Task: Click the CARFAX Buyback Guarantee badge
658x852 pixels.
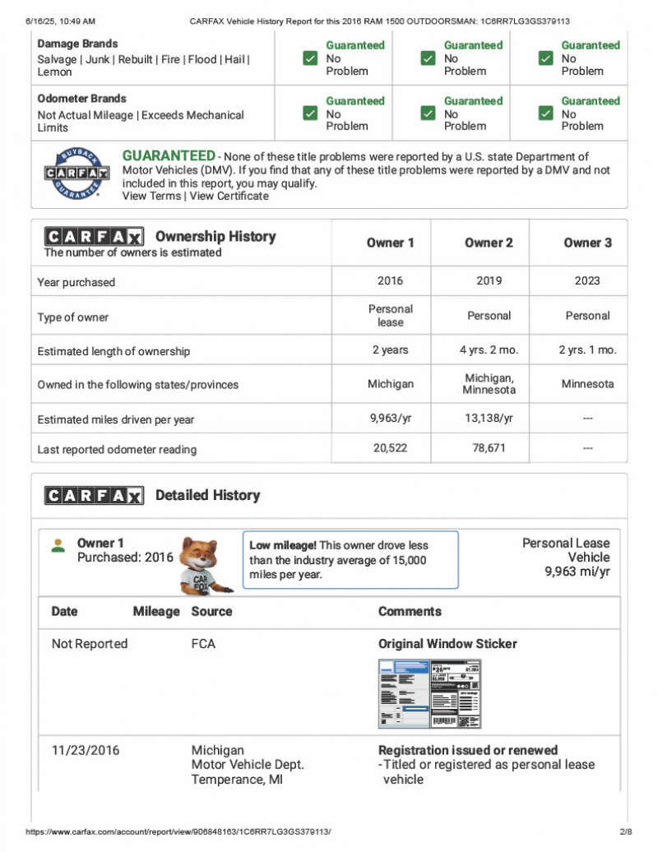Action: coord(76,174)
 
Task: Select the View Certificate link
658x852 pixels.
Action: coord(229,197)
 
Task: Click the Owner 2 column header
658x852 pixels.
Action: coord(489,243)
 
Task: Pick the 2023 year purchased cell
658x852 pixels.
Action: coord(587,280)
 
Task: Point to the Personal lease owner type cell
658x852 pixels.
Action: coord(390,316)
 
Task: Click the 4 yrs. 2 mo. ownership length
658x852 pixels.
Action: coord(489,350)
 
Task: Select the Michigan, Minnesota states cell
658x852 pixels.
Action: coord(489,383)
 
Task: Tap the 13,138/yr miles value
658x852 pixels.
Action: coord(489,419)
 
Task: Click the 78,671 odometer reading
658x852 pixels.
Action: coord(489,449)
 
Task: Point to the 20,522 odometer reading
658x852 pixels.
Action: coord(390,449)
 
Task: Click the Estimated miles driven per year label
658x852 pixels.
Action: coord(116,419)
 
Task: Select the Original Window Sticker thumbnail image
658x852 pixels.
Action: coord(429,693)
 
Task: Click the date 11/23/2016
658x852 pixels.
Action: coord(86,750)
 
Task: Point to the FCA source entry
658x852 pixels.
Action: coord(203,644)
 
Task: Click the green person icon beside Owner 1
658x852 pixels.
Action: coord(58,545)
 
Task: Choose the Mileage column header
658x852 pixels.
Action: coord(156,612)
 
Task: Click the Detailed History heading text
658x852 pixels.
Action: coord(207,495)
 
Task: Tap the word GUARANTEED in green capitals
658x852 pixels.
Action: coord(169,156)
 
